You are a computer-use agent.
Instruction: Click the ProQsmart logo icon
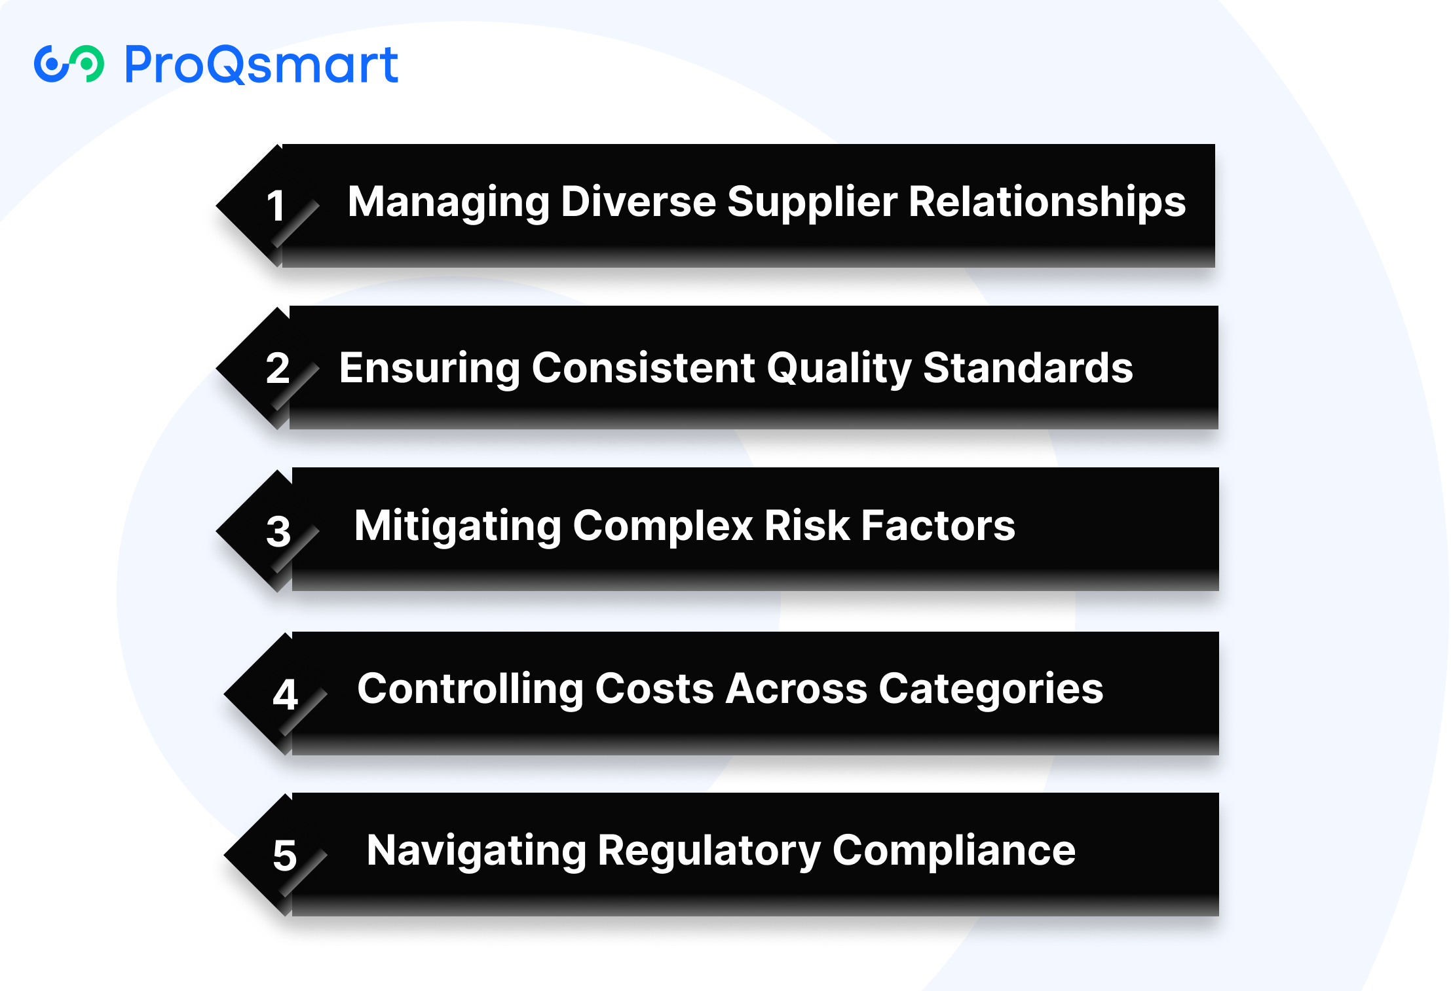[x=69, y=64]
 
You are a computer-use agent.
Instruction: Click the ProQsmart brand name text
[x=261, y=65]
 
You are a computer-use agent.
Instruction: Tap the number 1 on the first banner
[x=276, y=206]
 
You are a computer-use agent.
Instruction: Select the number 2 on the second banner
[x=277, y=368]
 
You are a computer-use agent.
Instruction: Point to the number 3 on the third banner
[x=278, y=531]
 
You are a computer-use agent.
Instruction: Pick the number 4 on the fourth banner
[x=285, y=694]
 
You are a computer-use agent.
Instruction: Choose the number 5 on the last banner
[x=285, y=856]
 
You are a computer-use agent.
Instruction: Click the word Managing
[x=449, y=203]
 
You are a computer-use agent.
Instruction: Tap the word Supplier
[x=812, y=203]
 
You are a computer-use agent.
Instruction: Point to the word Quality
[x=839, y=369]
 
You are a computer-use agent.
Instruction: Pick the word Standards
[x=1028, y=368]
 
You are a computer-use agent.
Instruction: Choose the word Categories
[x=990, y=690]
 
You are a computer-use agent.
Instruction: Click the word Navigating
[x=476, y=852]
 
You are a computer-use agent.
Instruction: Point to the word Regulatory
[x=709, y=852]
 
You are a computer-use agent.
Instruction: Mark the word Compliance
[x=954, y=852]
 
